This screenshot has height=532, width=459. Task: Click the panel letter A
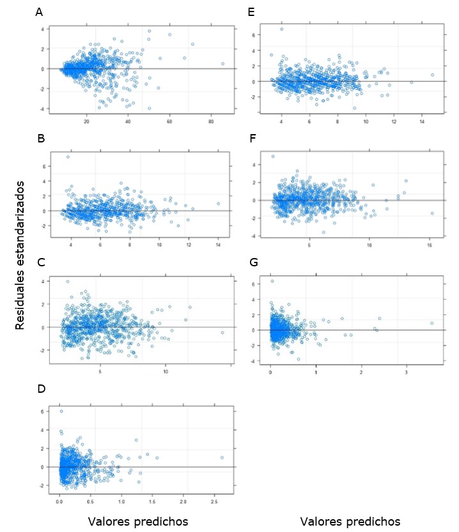[39, 12]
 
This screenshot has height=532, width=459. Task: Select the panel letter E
[251, 12]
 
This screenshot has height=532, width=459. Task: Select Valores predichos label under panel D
[137, 522]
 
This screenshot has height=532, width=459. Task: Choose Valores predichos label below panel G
[350, 522]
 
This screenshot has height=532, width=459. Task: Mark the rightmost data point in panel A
[222, 64]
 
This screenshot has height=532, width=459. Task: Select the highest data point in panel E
[281, 29]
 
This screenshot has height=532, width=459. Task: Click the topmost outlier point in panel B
[68, 156]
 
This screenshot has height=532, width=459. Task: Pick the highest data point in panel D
[61, 411]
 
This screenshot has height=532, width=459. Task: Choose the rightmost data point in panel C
[222, 333]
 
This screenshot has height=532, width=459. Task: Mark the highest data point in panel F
[273, 156]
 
